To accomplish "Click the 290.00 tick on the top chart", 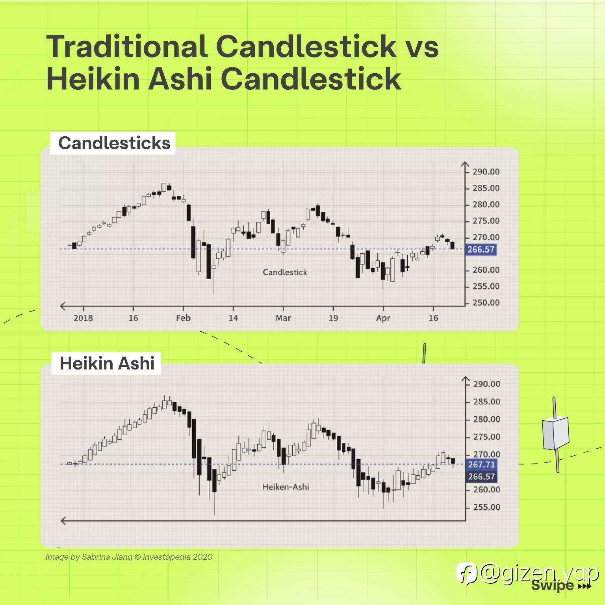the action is point(486,172).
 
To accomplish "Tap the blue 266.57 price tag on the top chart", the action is point(481,249).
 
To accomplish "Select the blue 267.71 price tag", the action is point(481,465).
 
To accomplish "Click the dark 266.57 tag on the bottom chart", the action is point(481,477).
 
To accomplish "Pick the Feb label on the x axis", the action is point(183,318).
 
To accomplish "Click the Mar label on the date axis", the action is point(283,318).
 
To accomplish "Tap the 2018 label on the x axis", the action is point(83,318).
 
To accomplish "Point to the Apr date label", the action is point(383,318).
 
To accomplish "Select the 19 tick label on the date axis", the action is point(333,318).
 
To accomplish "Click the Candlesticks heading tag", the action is point(113,143).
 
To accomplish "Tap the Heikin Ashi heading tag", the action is point(106,363).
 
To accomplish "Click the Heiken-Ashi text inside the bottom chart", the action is point(286,487).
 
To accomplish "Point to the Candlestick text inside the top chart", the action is point(285,272).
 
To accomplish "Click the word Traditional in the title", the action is point(127,46).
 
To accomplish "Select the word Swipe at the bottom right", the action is point(552,585).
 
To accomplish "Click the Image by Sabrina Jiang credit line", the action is point(129,557).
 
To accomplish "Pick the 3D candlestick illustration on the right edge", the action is point(555,434).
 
